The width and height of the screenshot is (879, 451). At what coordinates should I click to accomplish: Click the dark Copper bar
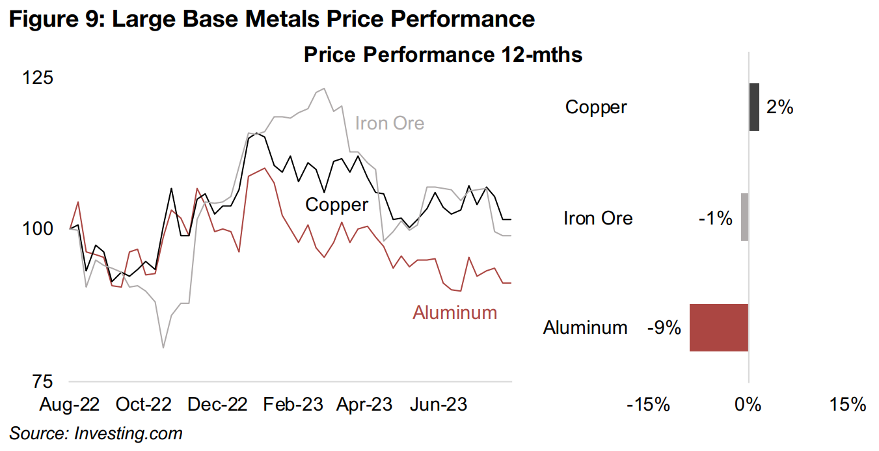pos(754,107)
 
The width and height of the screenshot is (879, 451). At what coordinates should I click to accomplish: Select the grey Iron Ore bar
pos(744,217)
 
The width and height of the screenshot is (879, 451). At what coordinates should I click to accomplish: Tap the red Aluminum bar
pos(719,327)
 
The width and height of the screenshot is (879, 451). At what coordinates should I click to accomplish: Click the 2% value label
pos(779,107)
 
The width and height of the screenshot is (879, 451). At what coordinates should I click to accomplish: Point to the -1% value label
pos(716,217)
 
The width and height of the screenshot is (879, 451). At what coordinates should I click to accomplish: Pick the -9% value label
pos(664,327)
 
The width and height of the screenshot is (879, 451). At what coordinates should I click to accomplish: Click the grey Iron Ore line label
pos(390,123)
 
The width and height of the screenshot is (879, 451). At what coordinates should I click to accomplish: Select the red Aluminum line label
pos(455,312)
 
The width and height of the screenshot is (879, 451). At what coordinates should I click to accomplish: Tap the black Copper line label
pos(337,204)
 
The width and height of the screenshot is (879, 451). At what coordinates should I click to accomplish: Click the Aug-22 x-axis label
pos(70,404)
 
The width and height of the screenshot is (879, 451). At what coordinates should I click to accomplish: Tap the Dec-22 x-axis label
pos(217,404)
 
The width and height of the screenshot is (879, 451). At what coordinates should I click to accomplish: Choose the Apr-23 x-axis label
pos(364,404)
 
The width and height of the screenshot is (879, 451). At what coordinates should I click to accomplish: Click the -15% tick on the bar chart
pos(648,404)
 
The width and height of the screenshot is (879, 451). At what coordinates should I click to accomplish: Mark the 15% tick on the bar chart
pos(848,404)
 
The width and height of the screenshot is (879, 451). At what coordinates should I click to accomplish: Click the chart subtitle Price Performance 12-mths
pos(442,55)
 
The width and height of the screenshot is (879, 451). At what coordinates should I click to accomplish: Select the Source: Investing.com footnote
pos(96,433)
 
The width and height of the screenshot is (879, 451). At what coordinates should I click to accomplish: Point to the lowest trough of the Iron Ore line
pos(163,348)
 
